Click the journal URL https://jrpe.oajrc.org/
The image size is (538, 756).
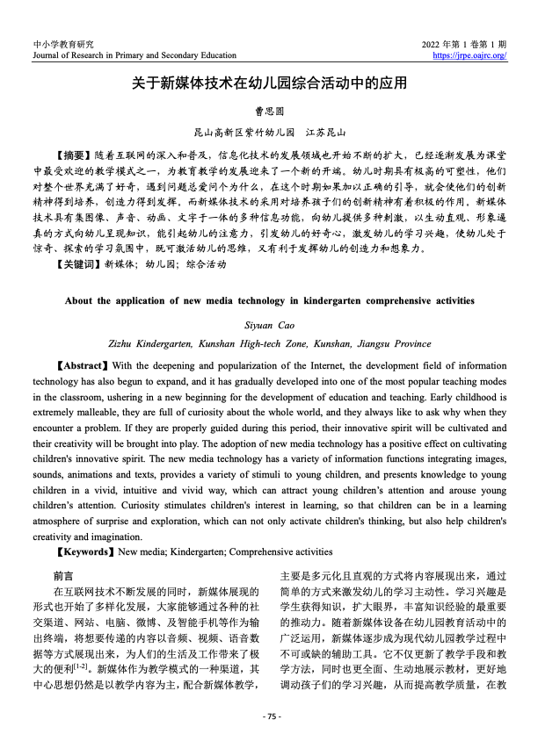pos(471,55)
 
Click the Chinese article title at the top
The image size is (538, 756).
pos(269,84)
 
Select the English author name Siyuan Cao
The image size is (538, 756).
pos(269,324)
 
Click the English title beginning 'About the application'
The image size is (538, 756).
pos(269,300)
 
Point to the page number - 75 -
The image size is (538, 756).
pos(270,716)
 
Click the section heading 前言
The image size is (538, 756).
pos(63,577)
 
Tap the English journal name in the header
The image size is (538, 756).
pos(127,55)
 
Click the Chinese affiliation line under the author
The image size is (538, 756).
pos(269,131)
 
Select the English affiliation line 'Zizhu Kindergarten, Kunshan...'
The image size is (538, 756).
pos(269,342)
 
